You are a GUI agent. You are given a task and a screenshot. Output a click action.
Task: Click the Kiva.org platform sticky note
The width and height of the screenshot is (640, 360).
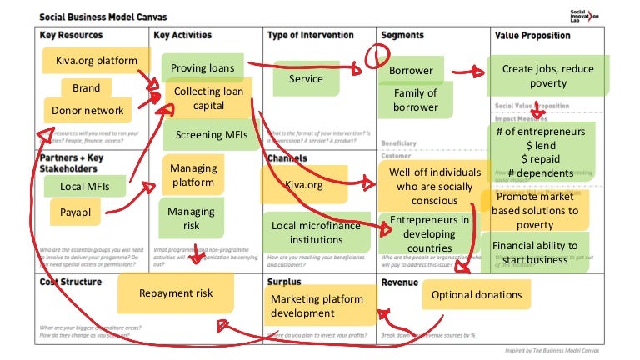(96, 62)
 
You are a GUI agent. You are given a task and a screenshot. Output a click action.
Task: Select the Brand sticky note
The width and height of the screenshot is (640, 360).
(86, 87)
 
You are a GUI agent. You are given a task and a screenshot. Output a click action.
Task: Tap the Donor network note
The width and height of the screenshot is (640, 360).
(87, 110)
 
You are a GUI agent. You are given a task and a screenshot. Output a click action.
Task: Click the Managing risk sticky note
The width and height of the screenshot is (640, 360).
(191, 218)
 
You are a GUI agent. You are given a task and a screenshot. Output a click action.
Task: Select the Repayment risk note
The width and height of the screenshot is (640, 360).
(176, 292)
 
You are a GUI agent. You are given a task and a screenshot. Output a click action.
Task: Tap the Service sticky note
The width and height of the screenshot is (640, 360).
(306, 79)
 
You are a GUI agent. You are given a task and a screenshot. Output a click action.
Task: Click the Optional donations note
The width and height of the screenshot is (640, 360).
(477, 294)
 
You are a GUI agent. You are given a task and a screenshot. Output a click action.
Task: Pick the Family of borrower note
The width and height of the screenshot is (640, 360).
(416, 100)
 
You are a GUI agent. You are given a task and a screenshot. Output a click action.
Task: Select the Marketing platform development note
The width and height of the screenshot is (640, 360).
(317, 306)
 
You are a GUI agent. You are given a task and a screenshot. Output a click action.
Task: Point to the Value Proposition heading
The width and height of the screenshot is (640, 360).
(532, 36)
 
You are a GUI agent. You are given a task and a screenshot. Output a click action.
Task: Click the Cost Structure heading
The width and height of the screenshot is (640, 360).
(71, 282)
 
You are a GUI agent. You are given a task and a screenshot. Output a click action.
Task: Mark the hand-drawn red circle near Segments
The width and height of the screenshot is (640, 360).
(379, 57)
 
